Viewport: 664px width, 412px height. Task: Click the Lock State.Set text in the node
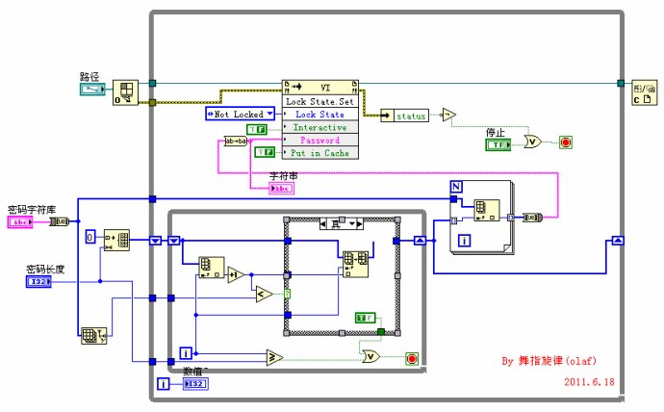(320, 100)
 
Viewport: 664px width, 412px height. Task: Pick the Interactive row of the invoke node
(320, 127)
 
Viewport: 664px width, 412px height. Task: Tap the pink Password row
(320, 140)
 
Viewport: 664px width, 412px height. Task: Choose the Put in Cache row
(320, 152)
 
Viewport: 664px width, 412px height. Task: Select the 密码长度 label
(44, 269)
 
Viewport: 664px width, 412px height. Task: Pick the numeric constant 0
(89, 236)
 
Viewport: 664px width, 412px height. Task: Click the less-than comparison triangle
(263, 296)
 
